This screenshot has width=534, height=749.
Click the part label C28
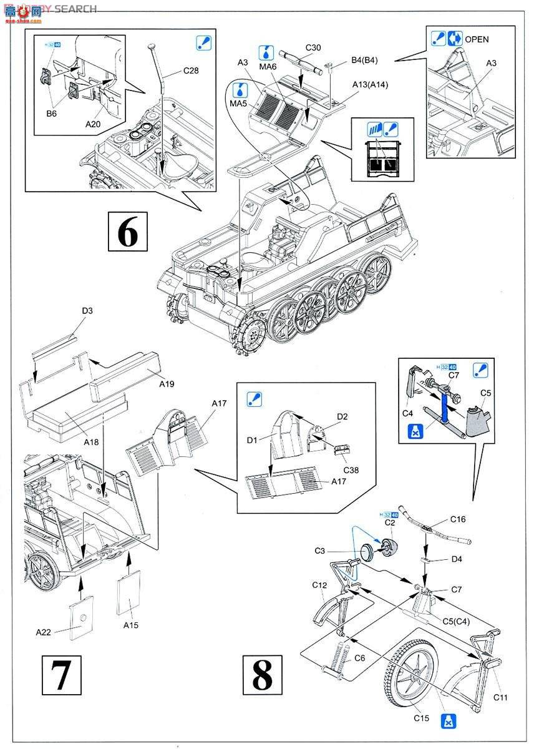191,71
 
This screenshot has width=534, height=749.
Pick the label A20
93,124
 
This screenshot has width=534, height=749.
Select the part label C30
313,47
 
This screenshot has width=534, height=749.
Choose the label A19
166,384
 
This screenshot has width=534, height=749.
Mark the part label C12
319,585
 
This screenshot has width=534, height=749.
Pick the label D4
457,559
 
